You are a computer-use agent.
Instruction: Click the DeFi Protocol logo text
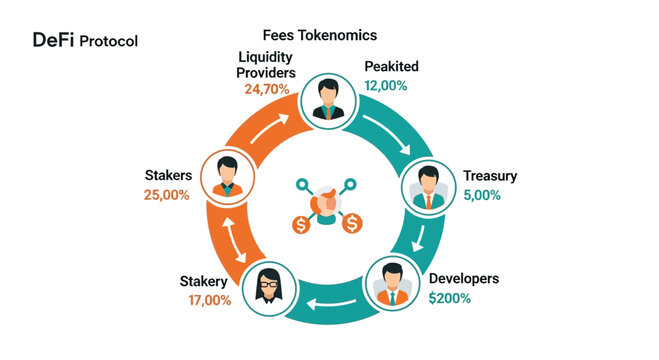coord(85,41)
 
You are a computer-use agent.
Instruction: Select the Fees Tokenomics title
coord(319,35)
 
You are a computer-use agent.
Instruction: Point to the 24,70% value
coord(267,89)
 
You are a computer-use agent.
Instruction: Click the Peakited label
coord(391,66)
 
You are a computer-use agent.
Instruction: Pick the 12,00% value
coord(386,86)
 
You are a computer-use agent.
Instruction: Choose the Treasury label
coord(490,176)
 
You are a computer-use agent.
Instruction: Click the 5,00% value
coord(484,195)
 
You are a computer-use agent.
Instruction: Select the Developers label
coord(462,278)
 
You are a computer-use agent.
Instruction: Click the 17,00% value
coord(210,300)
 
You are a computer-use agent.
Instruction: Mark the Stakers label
coord(167,176)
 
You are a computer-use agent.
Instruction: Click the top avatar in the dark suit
coord(325,98)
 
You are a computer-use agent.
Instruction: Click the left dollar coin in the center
coord(301,224)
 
